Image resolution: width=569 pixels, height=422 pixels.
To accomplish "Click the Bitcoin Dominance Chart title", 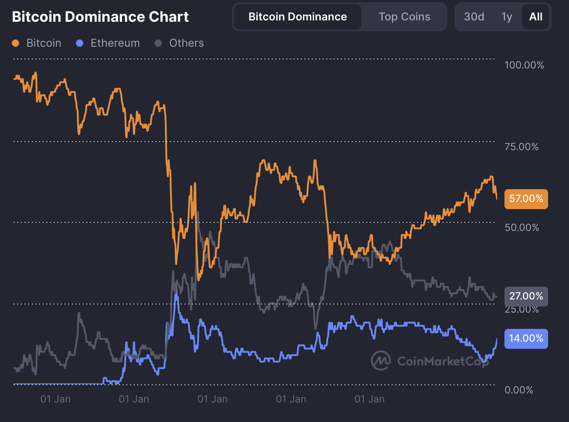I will [100, 17].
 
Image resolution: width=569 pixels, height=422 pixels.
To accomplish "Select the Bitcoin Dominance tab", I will [298, 17].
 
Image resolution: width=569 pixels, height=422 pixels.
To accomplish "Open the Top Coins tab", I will [404, 17].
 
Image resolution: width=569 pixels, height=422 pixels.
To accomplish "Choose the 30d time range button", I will [474, 17].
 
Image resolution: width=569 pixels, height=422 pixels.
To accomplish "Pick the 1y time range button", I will [507, 17].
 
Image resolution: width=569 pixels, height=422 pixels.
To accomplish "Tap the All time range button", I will [536, 17].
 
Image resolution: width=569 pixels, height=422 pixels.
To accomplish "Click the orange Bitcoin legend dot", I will [16, 44].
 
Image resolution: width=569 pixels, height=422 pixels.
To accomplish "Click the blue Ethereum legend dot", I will [80, 44].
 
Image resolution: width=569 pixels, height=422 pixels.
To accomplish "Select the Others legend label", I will [186, 43].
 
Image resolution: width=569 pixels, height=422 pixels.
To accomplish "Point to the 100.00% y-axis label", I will [524, 65].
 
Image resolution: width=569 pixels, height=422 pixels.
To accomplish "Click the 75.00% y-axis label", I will [521, 147].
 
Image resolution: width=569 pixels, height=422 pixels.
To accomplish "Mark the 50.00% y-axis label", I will [521, 227].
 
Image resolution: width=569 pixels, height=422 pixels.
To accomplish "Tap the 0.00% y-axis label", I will [519, 390].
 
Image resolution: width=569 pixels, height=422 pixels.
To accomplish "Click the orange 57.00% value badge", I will [526, 199].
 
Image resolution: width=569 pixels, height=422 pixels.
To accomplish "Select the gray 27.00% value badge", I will [526, 296].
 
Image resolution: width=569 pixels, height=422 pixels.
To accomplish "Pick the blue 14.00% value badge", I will [526, 339].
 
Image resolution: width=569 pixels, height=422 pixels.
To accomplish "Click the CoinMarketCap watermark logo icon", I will [381, 361].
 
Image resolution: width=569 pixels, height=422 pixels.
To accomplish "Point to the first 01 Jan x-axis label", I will [55, 399].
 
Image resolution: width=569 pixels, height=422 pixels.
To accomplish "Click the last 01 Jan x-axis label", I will [369, 399].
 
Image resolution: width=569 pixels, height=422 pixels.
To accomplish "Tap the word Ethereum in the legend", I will [115, 43].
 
